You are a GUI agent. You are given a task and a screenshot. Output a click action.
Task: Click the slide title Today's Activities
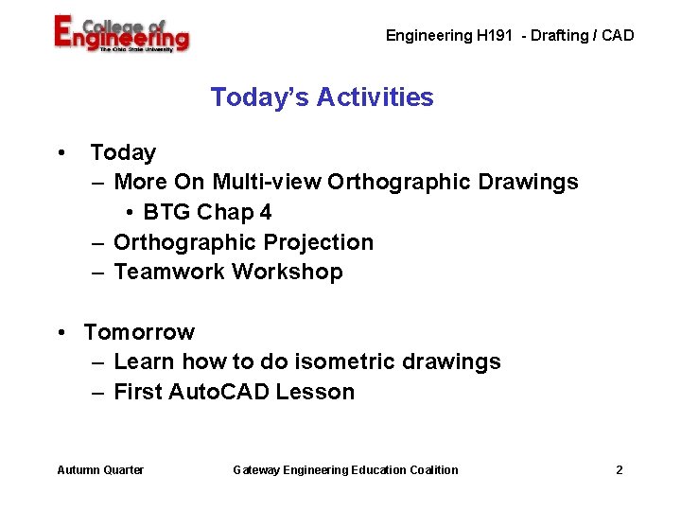coord(322,97)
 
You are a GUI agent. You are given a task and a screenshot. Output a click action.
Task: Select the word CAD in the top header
coord(619,36)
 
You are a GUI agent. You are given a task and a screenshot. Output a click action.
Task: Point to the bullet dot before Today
coord(61,152)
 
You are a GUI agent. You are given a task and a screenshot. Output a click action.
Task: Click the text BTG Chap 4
coord(207,212)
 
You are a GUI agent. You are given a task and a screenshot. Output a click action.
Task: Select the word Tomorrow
coord(139,332)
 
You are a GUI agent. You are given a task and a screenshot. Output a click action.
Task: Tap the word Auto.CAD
coord(219,392)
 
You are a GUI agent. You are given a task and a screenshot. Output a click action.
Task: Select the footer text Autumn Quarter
coord(100,470)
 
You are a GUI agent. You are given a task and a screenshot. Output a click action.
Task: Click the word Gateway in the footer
coord(257,470)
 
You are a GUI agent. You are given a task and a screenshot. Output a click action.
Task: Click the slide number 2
coord(619,470)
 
